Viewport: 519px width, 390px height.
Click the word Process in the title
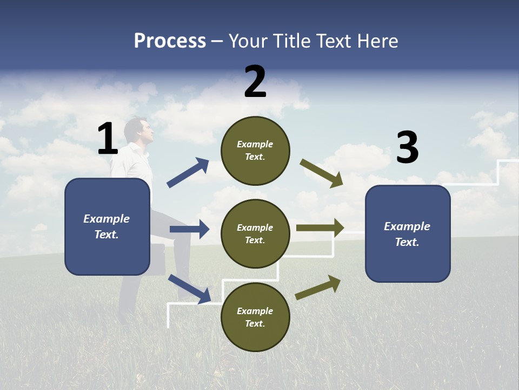click(x=170, y=41)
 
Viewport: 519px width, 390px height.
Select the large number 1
click(x=107, y=139)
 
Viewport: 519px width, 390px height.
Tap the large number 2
click(x=255, y=82)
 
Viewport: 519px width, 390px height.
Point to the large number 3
click(x=407, y=147)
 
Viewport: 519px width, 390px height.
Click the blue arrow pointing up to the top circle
click(x=188, y=173)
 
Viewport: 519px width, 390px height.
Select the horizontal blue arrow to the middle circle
click(x=189, y=229)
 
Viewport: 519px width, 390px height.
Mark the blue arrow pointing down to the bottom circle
click(x=189, y=289)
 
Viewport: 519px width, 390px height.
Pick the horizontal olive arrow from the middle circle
click(x=320, y=228)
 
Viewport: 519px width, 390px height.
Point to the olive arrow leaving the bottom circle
click(x=318, y=287)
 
